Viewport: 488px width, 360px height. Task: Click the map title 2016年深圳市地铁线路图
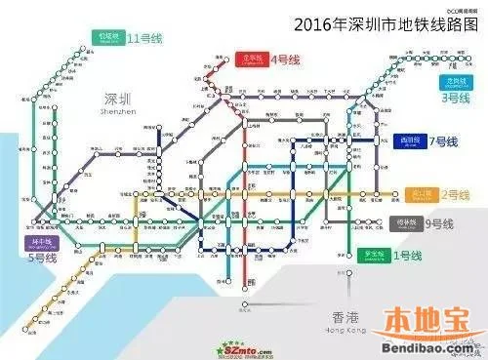coord(382,22)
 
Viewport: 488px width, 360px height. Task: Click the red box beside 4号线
coord(251,59)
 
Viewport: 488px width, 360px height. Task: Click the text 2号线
coord(442,195)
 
